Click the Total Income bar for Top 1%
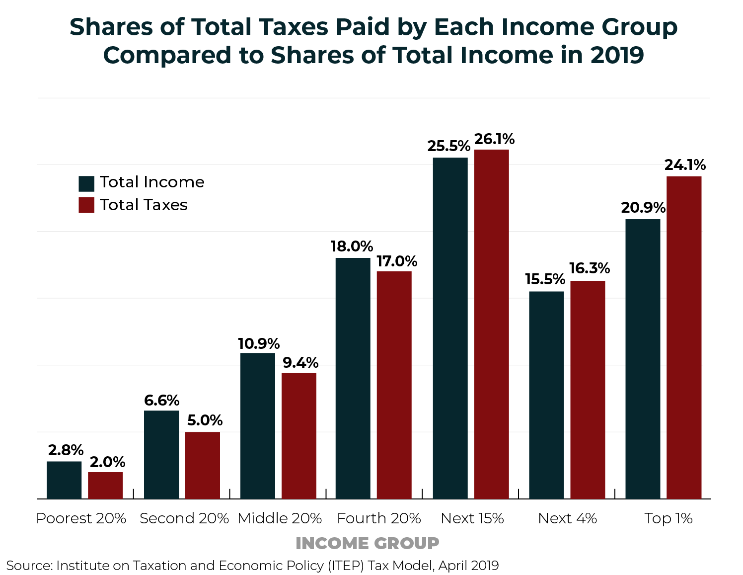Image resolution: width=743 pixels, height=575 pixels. pos(643,359)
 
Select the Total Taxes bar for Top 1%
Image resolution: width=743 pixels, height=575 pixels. pos(684,337)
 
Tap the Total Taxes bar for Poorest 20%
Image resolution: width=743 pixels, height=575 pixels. pos(105,486)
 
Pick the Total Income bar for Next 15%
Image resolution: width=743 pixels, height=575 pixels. pos(450,328)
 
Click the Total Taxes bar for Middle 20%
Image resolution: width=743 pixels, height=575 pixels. pos(299,436)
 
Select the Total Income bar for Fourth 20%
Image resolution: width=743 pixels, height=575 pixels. pos(353,378)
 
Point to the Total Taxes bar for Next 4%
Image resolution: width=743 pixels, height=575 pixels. pos(588,390)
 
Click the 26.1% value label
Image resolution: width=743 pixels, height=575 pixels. pos(494,140)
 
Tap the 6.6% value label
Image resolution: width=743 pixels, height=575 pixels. pos(161,401)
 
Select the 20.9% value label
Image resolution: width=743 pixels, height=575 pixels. pos(643,208)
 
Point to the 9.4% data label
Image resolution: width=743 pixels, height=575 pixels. pos(300,363)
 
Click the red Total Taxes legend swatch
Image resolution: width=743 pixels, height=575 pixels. pos(86,205)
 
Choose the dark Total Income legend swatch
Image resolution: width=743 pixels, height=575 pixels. pos(86,183)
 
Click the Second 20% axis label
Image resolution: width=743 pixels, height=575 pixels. pos(184,518)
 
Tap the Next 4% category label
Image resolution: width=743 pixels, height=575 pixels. pos(567,518)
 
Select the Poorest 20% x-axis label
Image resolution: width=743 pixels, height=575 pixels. pos(81,518)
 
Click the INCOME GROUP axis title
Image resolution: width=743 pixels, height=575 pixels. pos(367,543)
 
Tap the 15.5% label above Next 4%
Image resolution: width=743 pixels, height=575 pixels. pos(545,279)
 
